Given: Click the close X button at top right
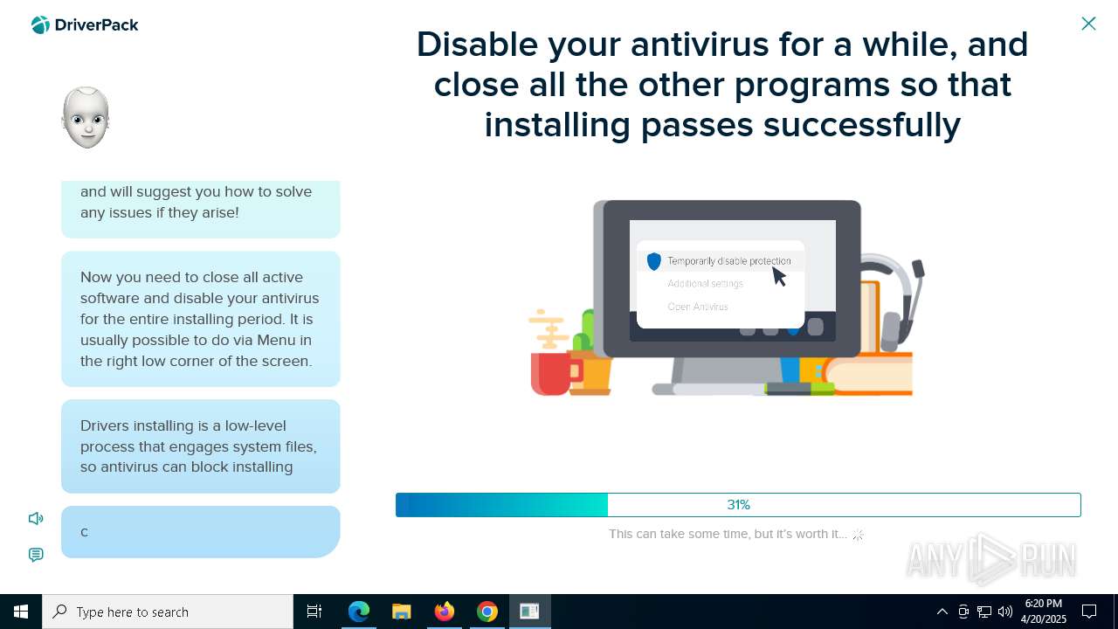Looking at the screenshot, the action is click(x=1088, y=24).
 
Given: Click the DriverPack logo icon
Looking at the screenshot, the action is click(x=40, y=24).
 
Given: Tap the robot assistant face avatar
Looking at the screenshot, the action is click(x=86, y=117).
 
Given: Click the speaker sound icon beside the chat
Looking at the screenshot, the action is click(x=36, y=519).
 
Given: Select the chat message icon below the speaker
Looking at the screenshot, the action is click(x=36, y=555).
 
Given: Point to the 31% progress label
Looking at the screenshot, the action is click(x=739, y=505).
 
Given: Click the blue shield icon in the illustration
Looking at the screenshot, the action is click(x=654, y=261).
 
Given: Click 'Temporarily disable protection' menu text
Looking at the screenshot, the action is click(x=729, y=260).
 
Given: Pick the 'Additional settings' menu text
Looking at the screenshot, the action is click(x=705, y=284).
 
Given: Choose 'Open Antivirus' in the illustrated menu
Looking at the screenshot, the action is click(x=698, y=307).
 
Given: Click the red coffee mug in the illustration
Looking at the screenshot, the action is click(x=554, y=373).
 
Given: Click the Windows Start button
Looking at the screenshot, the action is click(x=21, y=612).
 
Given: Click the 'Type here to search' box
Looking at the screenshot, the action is click(x=168, y=612).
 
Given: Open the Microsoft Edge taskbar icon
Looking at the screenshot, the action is click(x=358, y=612).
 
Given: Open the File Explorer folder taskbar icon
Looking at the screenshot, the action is click(x=401, y=612).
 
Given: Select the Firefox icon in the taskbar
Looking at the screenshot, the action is click(x=445, y=612).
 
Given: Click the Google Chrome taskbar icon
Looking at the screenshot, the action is click(x=487, y=612).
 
